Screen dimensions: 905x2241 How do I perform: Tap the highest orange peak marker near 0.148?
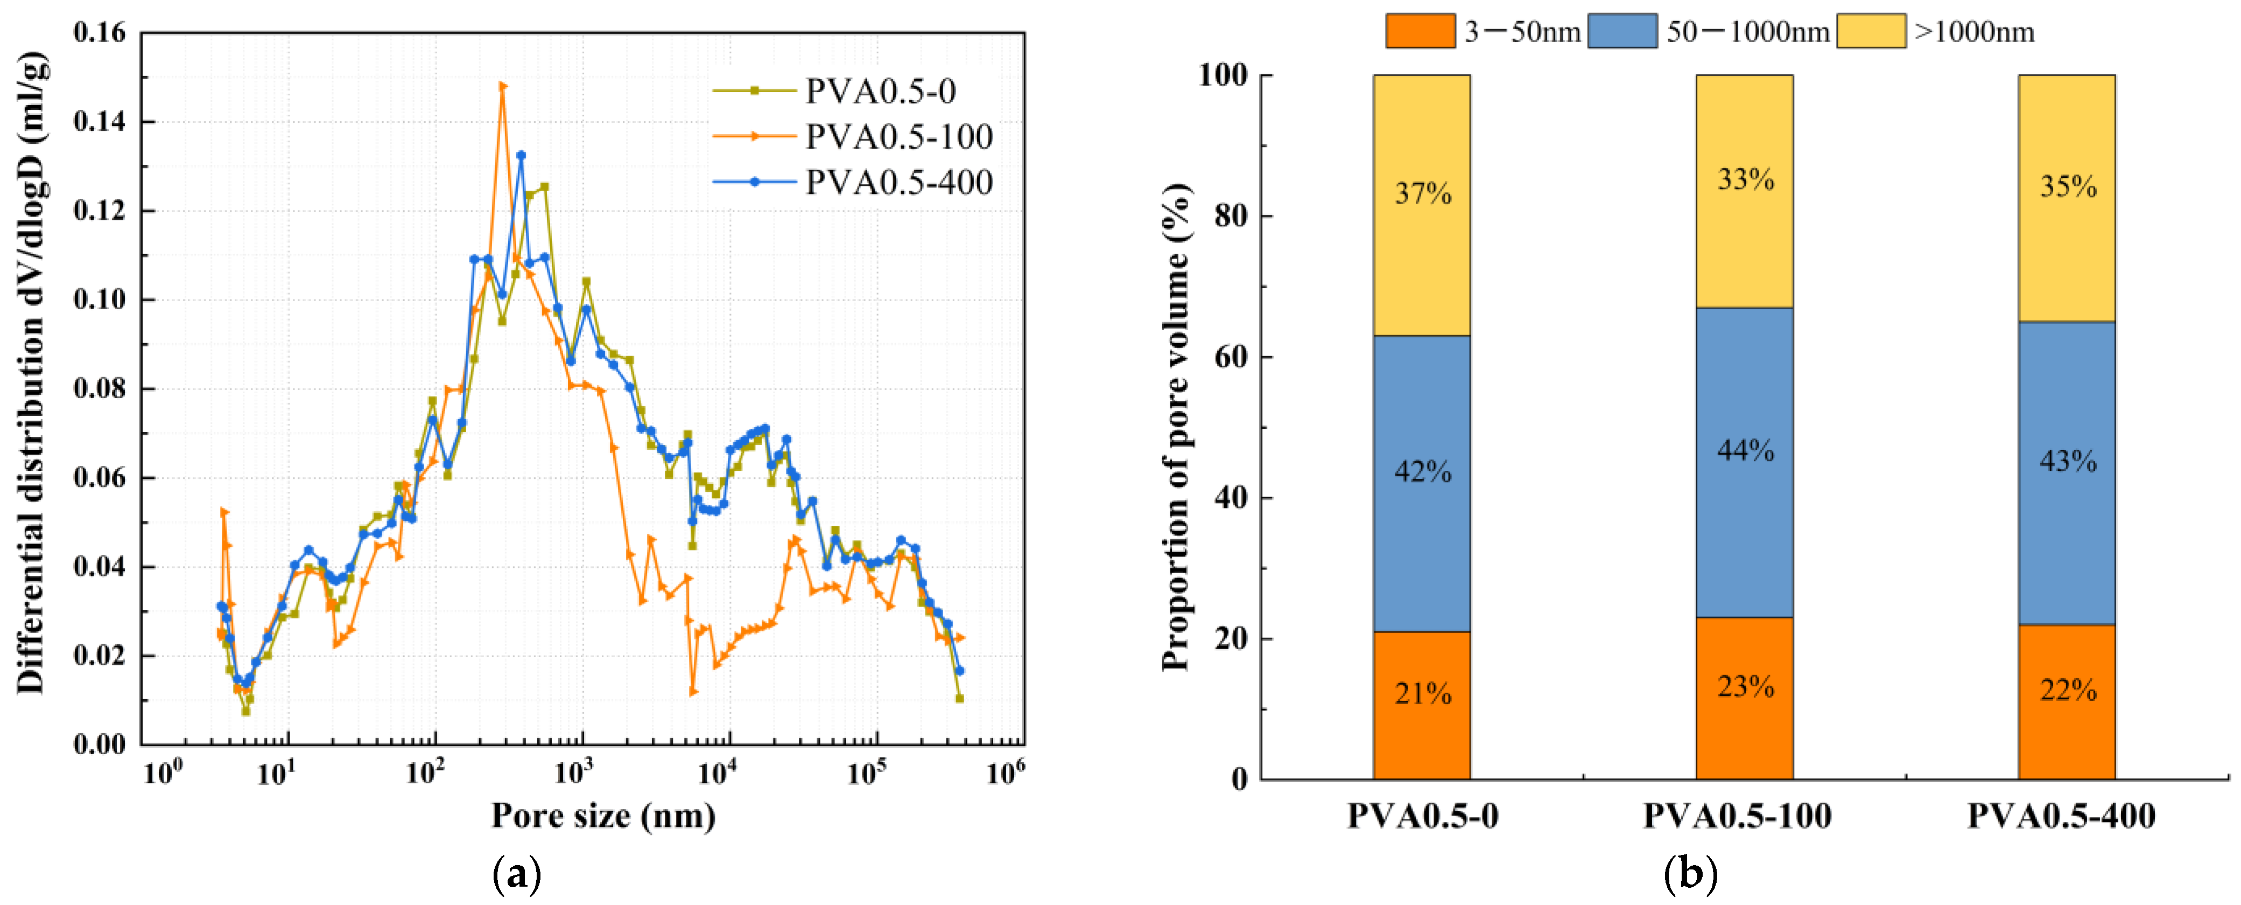click(502, 86)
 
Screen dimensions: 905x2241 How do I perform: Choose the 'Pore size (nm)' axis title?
click(603, 816)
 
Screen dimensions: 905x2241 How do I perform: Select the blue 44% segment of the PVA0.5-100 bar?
click(1744, 461)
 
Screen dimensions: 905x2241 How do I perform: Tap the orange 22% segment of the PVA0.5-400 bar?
click(2067, 700)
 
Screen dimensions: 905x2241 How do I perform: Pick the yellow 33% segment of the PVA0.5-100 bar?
click(1744, 191)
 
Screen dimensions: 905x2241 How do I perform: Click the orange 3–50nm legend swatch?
click(1420, 31)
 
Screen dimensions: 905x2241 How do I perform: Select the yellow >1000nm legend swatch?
click(1871, 31)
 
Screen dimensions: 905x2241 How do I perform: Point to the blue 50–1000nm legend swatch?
click(1621, 31)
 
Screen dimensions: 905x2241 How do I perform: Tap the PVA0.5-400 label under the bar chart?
click(2061, 816)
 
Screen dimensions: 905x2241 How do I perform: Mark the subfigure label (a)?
click(517, 873)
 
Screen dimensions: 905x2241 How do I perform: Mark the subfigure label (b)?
click(1689, 873)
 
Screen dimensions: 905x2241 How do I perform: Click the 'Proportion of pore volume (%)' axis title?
click(1176, 427)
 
